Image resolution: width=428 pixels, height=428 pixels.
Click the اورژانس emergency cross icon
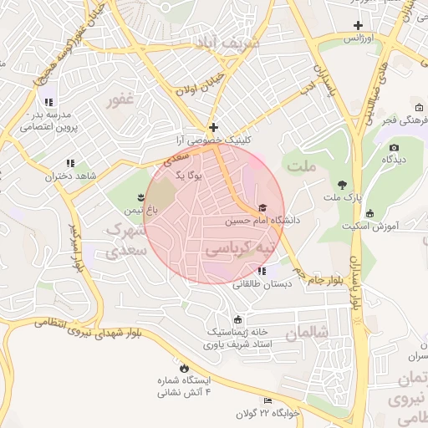coord(358,25)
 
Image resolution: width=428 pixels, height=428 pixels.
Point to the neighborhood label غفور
coord(120,101)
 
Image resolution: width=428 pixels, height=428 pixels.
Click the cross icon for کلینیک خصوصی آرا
coord(214,128)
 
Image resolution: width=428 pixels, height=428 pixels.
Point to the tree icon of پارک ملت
coord(341,184)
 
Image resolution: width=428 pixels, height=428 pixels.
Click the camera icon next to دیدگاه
coord(394,148)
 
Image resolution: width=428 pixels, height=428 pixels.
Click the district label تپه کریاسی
coord(240,249)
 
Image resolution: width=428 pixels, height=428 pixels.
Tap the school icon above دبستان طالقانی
coord(262,271)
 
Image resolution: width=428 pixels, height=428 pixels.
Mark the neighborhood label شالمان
coord(302,333)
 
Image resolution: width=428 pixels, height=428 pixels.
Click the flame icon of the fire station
coord(184,367)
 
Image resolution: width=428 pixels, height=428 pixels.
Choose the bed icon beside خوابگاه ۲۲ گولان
coord(267,400)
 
